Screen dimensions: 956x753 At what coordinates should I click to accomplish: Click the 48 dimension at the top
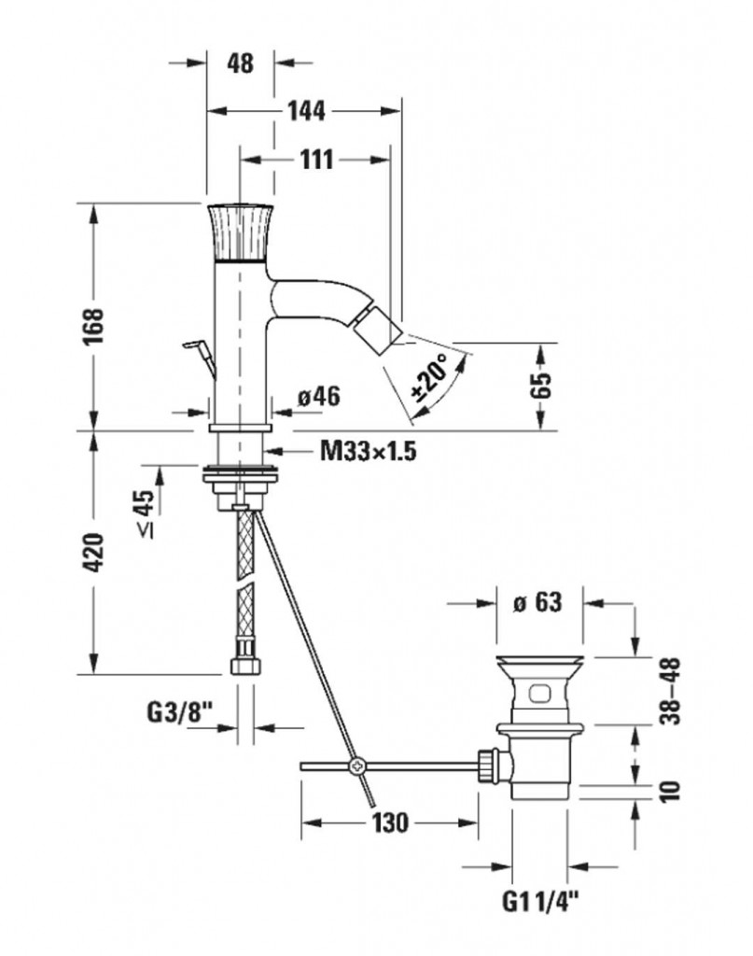[x=240, y=63]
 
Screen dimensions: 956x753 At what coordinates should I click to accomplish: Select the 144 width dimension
[x=306, y=111]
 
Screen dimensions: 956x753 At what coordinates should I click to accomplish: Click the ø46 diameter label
[x=318, y=397]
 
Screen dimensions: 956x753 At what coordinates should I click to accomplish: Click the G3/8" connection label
[x=181, y=712]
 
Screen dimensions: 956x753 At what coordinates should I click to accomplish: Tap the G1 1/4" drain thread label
[x=542, y=902]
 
